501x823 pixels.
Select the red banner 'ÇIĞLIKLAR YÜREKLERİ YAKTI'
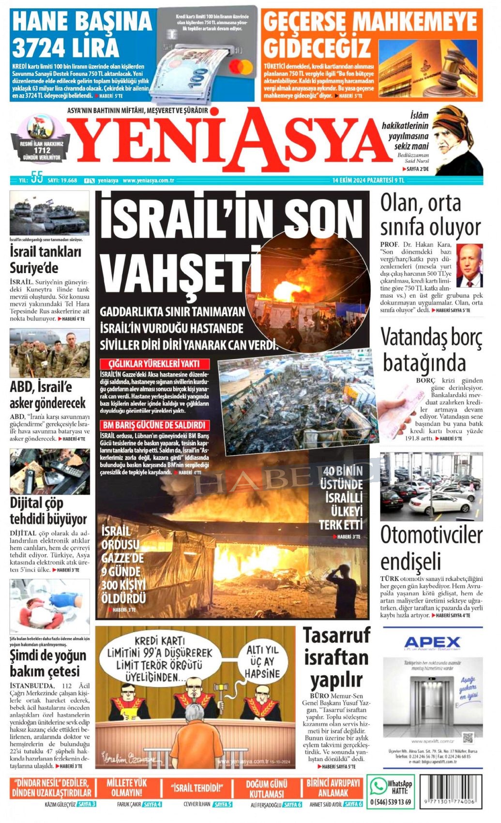pyautogui.click(x=154, y=364)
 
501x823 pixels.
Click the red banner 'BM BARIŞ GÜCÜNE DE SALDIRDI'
pyautogui.click(x=154, y=425)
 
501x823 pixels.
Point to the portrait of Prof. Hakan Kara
pyautogui.click(x=469, y=266)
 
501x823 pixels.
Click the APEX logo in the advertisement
pyautogui.click(x=432, y=642)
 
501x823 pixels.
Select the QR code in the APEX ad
pyautogui.click(x=468, y=738)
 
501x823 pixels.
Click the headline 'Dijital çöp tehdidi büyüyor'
pyautogui.click(x=48, y=511)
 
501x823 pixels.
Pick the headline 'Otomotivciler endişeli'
pyautogui.click(x=431, y=549)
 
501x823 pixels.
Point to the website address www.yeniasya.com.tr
pyautogui.click(x=149, y=181)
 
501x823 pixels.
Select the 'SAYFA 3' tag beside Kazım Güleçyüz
pyautogui.click(x=87, y=804)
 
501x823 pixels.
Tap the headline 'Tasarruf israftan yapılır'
pyautogui.click(x=336, y=657)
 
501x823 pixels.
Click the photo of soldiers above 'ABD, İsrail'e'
pyautogui.click(x=49, y=353)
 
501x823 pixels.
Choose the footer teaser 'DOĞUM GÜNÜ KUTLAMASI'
pyautogui.click(x=267, y=789)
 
